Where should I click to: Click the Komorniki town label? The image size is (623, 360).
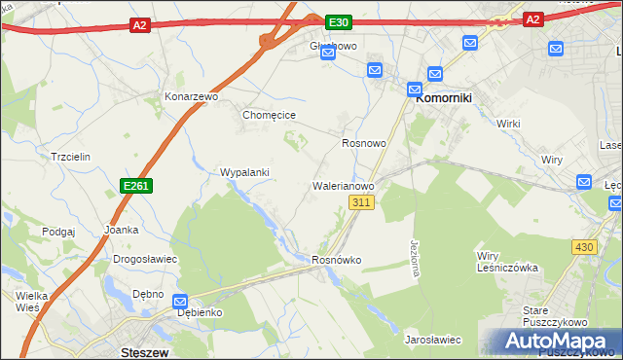[x=445, y=98]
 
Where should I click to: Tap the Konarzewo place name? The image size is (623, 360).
[x=190, y=98]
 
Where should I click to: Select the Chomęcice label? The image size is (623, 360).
[x=269, y=115]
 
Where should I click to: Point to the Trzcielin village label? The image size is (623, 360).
[x=70, y=157]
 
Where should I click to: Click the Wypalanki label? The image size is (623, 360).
[x=244, y=172]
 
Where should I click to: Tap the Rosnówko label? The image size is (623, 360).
[x=337, y=260]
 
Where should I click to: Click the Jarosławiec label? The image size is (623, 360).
[x=432, y=340]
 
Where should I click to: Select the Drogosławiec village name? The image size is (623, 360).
[x=145, y=260]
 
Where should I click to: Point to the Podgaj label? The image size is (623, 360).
[x=58, y=232]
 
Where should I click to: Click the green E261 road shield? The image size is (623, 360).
[x=136, y=185]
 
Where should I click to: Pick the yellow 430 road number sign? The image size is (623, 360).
[x=584, y=247]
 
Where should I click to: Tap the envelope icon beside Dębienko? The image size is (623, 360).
[x=180, y=302]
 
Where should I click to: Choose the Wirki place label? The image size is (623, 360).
[x=508, y=125]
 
